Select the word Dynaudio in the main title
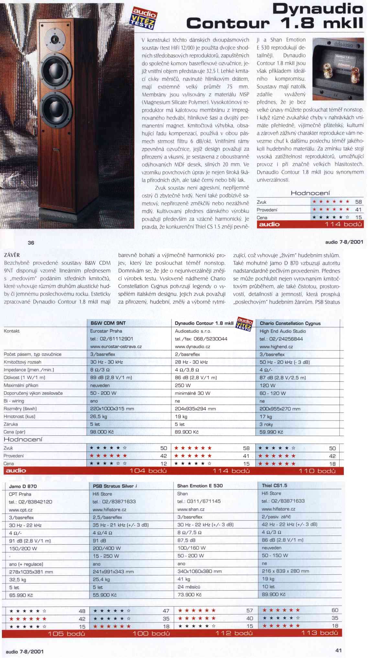(317, 9)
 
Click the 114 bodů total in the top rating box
(343, 224)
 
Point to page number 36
(31, 242)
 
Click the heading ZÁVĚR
(12, 255)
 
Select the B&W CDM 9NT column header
(108, 323)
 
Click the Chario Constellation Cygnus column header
(290, 323)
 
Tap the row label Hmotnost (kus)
(19, 416)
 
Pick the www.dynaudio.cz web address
(192, 346)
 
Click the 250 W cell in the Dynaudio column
(183, 385)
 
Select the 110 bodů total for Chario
(317, 471)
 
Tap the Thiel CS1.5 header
(274, 485)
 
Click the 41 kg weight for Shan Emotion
(184, 579)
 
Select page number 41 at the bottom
(339, 650)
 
